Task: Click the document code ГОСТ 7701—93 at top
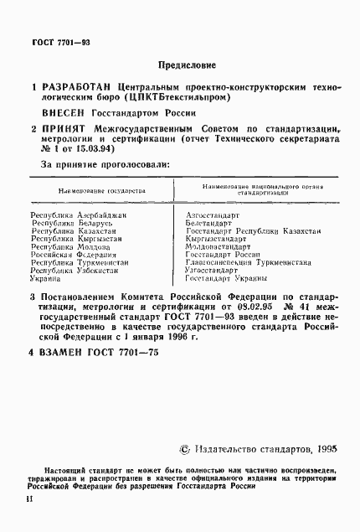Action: click(56, 42)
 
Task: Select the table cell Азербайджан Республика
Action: click(78, 215)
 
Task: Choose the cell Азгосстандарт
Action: click(213, 215)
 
